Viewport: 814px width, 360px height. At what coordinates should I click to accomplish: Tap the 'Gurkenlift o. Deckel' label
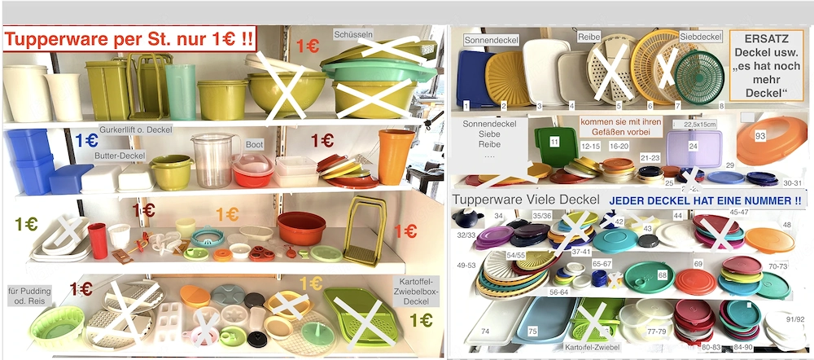[135, 130]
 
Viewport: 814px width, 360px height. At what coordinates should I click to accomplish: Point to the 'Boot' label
[253, 143]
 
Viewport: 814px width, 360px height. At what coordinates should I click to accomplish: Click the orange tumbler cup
[395, 156]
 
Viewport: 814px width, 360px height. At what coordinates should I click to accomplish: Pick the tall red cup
[98, 240]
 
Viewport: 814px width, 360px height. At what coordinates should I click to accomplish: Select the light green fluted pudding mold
[55, 325]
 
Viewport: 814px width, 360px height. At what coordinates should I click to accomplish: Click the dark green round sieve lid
[698, 77]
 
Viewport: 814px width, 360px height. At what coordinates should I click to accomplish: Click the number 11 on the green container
[554, 141]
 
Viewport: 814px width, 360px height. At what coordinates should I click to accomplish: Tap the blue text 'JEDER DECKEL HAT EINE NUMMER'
[705, 200]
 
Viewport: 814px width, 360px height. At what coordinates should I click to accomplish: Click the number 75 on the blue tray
[532, 331]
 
